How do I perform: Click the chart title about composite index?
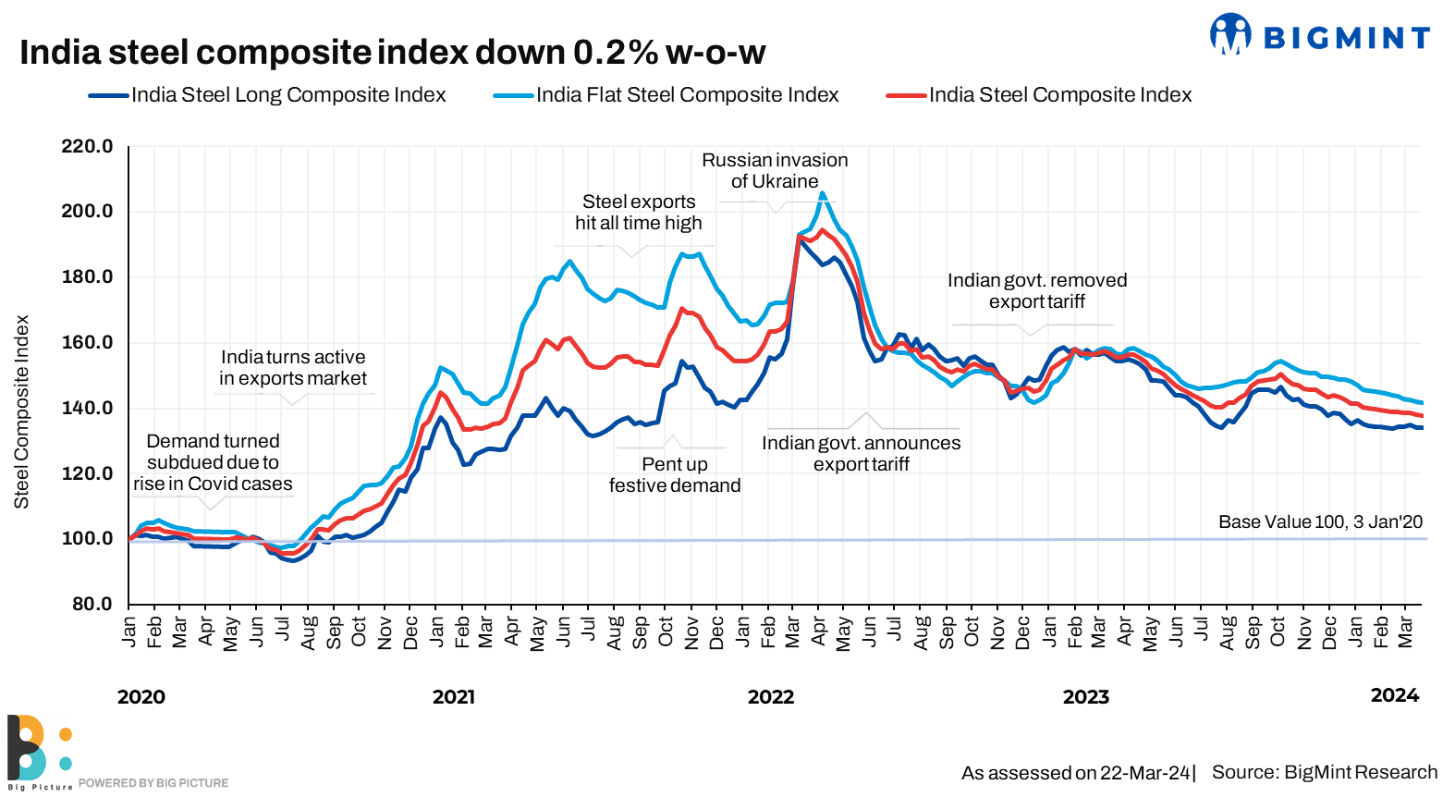(x=392, y=53)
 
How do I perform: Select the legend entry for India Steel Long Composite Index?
(x=268, y=95)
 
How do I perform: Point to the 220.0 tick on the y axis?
(x=87, y=146)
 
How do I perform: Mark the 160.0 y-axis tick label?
(x=87, y=342)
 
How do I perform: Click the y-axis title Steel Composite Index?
(x=21, y=411)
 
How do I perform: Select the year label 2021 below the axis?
(x=453, y=697)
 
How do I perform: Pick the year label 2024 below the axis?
(x=1394, y=695)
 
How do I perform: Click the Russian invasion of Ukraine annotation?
(x=775, y=171)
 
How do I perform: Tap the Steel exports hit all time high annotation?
(x=638, y=213)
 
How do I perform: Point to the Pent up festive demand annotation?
(x=675, y=475)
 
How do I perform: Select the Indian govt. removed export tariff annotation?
(x=1036, y=291)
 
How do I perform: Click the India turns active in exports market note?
(x=293, y=368)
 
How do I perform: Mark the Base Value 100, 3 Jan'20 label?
(x=1320, y=522)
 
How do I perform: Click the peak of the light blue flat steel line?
(x=822, y=193)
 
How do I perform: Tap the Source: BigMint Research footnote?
(x=1324, y=773)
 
